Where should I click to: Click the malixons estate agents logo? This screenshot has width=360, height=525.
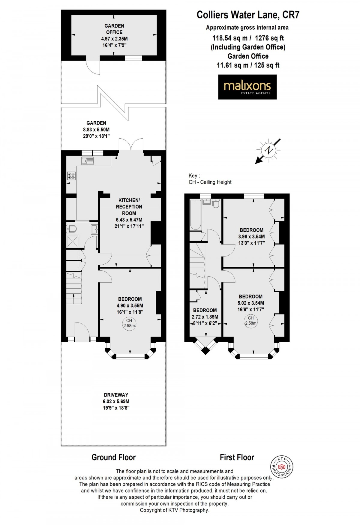pos(247,87)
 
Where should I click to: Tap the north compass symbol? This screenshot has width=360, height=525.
pos(268,151)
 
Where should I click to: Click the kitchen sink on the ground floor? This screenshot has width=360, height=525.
pos(87,161)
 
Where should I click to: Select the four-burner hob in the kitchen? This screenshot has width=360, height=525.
pos(71,175)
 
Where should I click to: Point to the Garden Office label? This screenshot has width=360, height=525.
pos(114,29)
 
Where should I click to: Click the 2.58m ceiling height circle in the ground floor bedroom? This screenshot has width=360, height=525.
pos(129,323)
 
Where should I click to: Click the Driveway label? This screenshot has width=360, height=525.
pos(116,395)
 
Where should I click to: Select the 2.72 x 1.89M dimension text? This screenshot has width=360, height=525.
pos(205,317)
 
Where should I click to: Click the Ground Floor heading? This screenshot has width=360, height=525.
pos(113,457)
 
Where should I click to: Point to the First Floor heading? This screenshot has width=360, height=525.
pos(237,457)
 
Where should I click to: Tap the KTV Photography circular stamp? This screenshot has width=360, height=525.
pos(282,467)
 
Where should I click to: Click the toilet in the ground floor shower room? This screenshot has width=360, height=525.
pos(71,229)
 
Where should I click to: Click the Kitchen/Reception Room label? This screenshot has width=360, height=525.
pos(129,207)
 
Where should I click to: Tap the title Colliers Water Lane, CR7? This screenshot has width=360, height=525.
pos(248,15)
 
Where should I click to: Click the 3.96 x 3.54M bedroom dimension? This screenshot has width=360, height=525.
pos(251,237)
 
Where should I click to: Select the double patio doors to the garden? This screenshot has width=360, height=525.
pos(131,145)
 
